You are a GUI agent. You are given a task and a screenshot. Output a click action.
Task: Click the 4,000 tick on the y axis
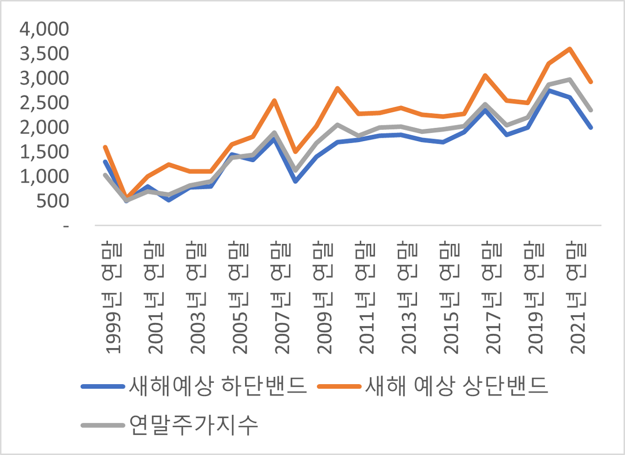(44, 29)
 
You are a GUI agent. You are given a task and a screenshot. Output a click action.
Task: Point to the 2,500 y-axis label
(44, 103)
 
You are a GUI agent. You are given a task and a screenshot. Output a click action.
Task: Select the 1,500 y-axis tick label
(44, 152)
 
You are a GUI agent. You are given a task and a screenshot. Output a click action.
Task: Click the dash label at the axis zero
(66, 226)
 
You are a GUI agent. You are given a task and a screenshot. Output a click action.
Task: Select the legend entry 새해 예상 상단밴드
(457, 386)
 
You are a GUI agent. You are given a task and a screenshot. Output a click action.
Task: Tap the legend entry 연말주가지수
(194, 425)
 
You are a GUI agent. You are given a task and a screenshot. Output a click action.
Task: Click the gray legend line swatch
(103, 425)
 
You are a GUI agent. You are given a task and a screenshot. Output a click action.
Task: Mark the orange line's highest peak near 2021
(569, 49)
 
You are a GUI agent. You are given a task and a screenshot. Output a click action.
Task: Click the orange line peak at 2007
(274, 101)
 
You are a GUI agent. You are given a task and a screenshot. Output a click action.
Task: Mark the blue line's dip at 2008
(295, 181)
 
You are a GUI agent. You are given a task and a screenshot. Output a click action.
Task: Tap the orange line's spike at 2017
(485, 75)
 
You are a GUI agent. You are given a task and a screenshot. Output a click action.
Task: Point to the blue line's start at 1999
(105, 162)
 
